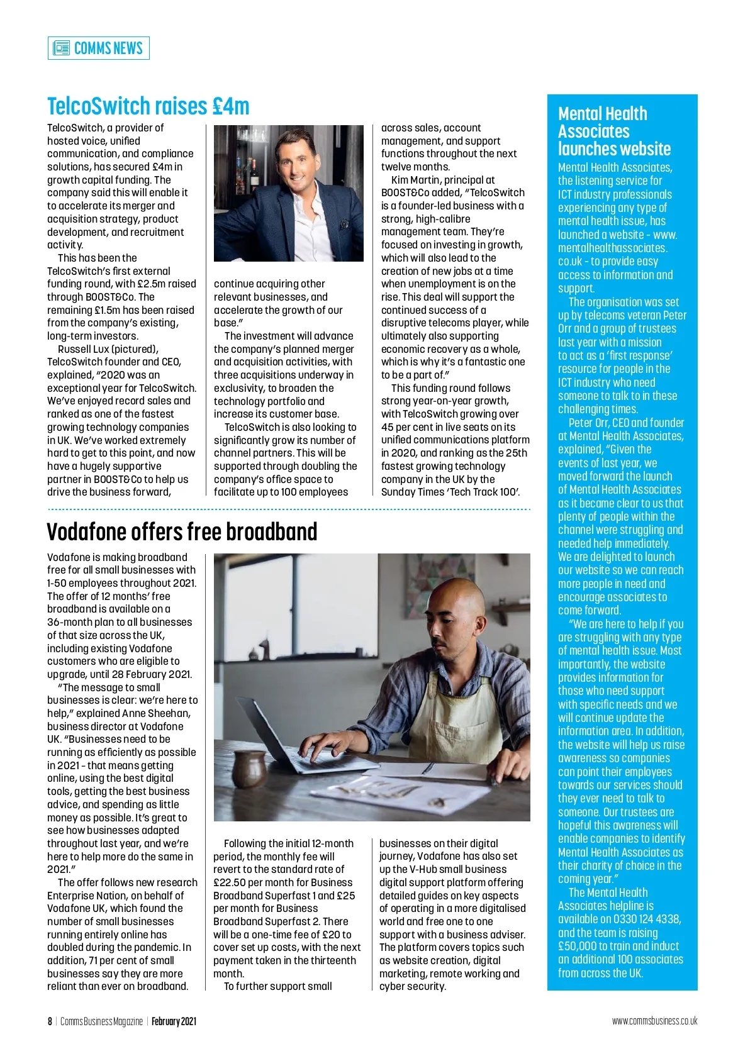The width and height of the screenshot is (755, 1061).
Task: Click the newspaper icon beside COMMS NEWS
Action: click(61, 48)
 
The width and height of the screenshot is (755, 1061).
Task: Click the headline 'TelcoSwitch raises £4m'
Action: click(148, 106)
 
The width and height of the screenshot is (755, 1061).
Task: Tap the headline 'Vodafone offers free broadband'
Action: click(182, 532)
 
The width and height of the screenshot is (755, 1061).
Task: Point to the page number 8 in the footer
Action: click(50, 1021)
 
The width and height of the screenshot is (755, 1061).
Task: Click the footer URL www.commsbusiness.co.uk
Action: click(654, 1021)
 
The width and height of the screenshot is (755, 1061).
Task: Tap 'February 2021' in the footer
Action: click(174, 1021)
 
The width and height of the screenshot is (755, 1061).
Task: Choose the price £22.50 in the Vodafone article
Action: click(229, 882)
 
